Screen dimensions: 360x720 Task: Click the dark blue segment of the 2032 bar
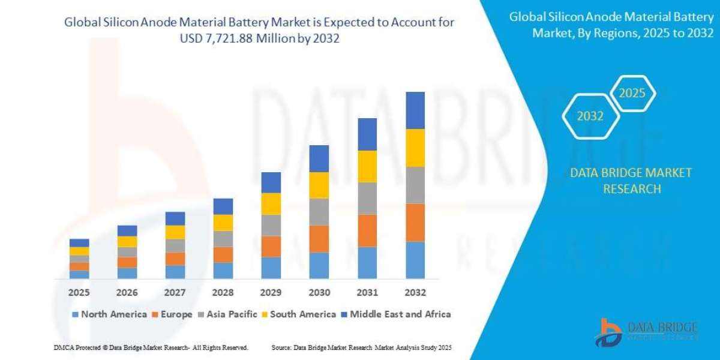tap(415, 110)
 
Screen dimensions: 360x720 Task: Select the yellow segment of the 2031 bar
tap(367, 166)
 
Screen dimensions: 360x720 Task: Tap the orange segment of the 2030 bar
tap(319, 239)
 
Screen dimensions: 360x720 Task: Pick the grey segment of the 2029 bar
tap(271, 225)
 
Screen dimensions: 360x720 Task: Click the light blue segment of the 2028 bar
tap(223, 271)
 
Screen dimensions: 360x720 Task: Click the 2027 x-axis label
tap(175, 293)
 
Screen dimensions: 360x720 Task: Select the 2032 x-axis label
tap(415, 293)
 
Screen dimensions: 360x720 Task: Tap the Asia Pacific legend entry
tap(230, 314)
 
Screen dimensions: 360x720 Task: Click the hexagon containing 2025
tap(632, 94)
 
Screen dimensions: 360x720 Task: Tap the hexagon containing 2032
tap(590, 116)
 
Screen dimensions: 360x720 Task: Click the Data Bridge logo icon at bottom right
tap(610, 332)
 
